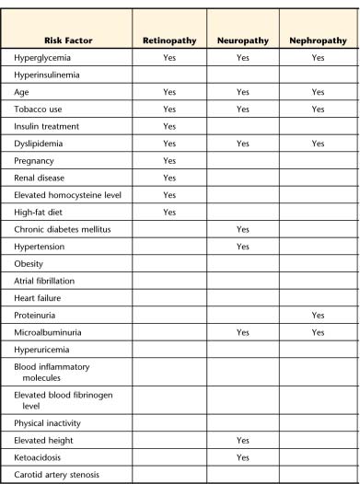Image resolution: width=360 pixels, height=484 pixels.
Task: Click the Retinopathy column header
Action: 168,40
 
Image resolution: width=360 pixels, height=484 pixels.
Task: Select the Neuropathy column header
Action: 242,40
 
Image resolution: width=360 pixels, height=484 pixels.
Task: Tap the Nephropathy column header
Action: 318,40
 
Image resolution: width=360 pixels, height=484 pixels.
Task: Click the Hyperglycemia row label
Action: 45,58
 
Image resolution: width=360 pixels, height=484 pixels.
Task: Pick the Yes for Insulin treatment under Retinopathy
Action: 168,126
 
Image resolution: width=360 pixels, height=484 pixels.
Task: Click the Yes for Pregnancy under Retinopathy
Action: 168,160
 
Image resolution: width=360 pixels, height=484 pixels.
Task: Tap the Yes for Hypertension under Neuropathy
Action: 242,247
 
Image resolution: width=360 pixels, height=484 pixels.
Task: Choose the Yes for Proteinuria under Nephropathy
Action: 318,315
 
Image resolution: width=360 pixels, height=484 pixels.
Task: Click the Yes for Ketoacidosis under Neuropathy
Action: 242,457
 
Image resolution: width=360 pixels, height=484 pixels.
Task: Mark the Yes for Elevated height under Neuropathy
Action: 242,441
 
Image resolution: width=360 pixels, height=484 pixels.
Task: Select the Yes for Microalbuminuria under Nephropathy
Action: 318,332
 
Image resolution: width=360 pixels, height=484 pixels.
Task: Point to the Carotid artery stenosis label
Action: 57,475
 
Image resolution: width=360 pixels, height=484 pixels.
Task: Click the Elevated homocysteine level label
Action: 62,194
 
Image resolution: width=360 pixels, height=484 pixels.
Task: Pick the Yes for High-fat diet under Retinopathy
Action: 168,212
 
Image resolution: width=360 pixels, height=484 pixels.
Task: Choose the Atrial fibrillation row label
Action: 45,281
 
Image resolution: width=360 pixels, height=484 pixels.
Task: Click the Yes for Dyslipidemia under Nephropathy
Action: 318,144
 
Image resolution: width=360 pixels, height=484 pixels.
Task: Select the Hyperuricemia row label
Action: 43,350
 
